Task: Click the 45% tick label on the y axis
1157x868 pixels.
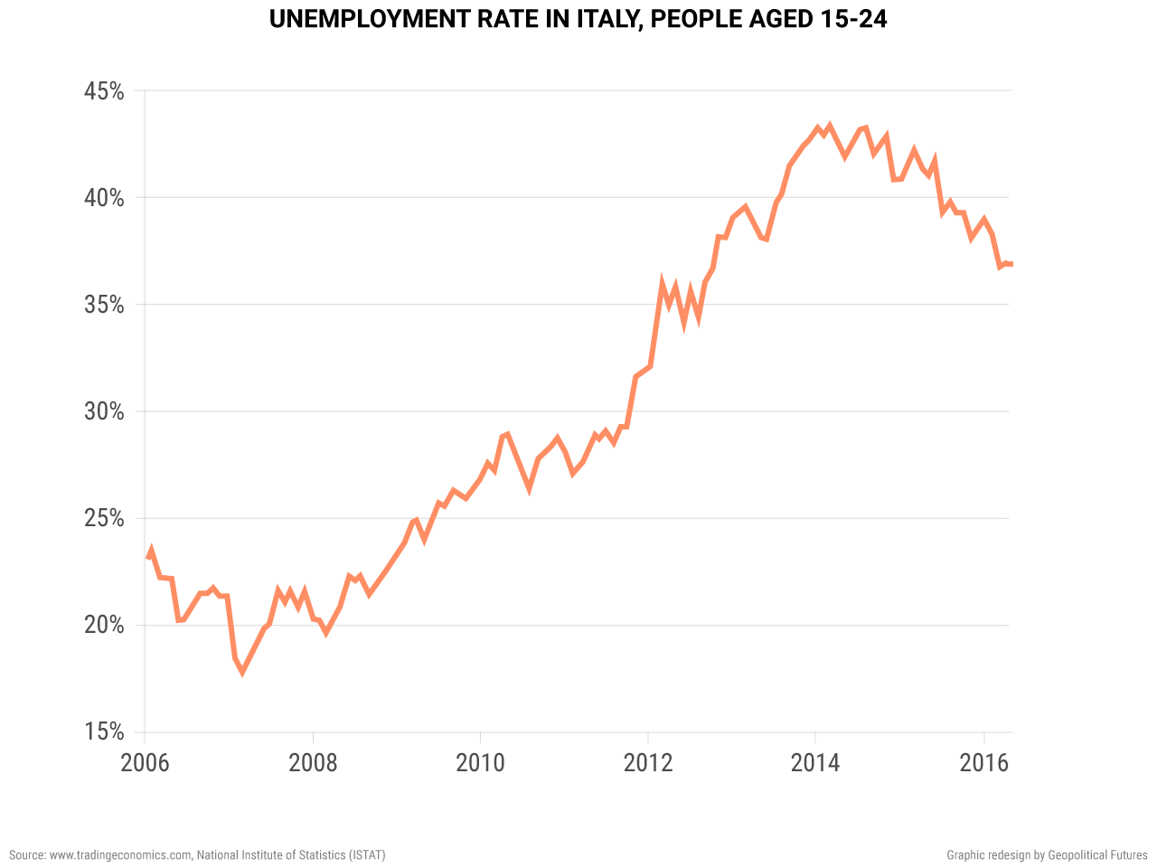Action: pyautogui.click(x=104, y=91)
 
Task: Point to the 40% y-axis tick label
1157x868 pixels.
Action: pyautogui.click(x=104, y=198)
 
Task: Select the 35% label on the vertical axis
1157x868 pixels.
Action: pyautogui.click(x=104, y=305)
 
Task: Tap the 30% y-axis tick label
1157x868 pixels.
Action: pyautogui.click(x=104, y=411)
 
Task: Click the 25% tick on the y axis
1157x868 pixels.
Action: pyautogui.click(x=104, y=518)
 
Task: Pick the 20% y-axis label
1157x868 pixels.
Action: pyautogui.click(x=104, y=625)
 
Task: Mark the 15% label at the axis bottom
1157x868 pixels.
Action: pyautogui.click(x=104, y=731)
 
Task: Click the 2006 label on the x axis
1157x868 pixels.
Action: pyautogui.click(x=145, y=763)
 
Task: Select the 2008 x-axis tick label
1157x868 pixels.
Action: pyautogui.click(x=313, y=763)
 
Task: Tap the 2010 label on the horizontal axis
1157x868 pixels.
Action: pyautogui.click(x=480, y=763)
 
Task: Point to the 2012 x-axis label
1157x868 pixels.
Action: pyautogui.click(x=648, y=763)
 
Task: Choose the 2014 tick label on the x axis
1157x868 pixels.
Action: pyautogui.click(x=815, y=763)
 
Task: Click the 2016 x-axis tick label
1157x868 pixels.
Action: pyautogui.click(x=983, y=763)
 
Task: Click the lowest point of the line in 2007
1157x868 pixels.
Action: pyautogui.click(x=241, y=672)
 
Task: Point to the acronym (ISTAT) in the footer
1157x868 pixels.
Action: pyautogui.click(x=367, y=854)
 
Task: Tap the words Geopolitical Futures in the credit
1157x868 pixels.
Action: pyautogui.click(x=1097, y=854)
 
